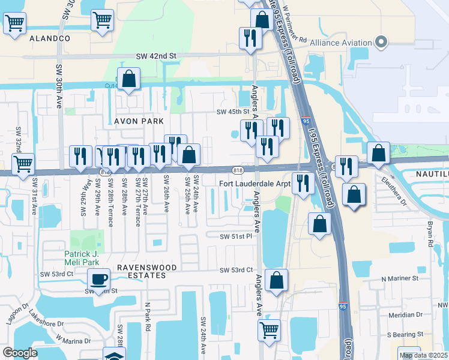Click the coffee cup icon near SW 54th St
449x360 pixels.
98,278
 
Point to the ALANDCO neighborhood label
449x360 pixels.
50,38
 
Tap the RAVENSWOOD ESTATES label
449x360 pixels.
141,271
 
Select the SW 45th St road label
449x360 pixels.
232,112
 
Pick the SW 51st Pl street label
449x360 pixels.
235,237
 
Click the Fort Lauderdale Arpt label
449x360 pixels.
255,183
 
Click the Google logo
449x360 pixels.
20,353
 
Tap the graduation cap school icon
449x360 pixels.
113,355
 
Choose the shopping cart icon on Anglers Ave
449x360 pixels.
269,329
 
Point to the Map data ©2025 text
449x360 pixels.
423,355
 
